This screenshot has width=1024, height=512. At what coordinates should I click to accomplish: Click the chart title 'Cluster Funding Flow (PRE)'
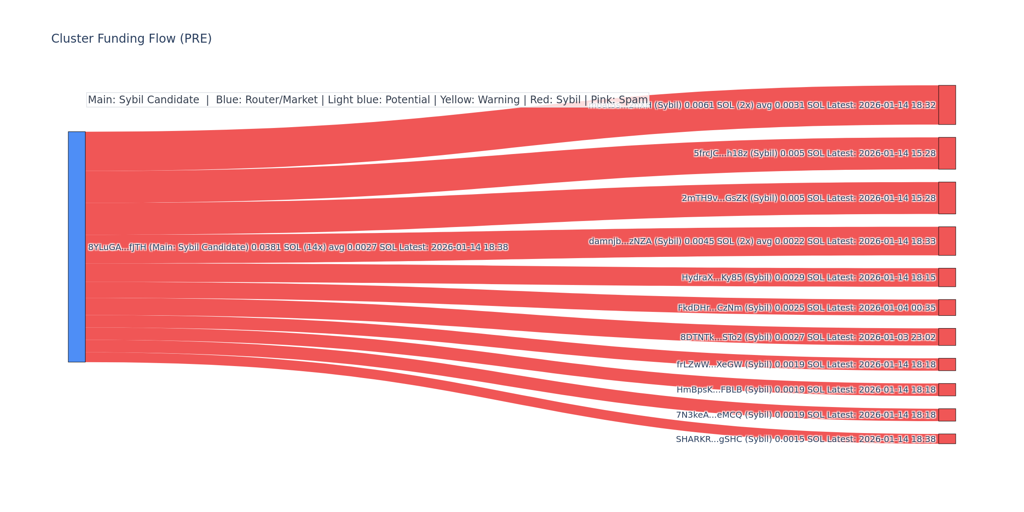tap(131, 39)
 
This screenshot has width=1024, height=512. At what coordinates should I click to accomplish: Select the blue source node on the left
tap(77, 247)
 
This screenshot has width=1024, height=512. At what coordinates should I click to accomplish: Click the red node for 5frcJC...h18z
tap(947, 153)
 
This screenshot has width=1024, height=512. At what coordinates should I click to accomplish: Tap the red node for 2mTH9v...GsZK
tap(947, 198)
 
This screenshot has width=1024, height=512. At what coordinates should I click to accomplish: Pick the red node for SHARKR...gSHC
tap(947, 439)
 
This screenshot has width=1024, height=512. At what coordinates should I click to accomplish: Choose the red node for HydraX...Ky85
tap(947, 277)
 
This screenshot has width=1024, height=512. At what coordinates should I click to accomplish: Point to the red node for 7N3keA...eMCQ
tap(947, 415)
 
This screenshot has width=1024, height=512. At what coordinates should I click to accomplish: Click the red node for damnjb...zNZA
tap(947, 241)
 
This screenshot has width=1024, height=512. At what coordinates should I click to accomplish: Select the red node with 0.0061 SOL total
tap(947, 105)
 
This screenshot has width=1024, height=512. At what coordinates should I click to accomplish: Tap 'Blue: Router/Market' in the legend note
tap(267, 100)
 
